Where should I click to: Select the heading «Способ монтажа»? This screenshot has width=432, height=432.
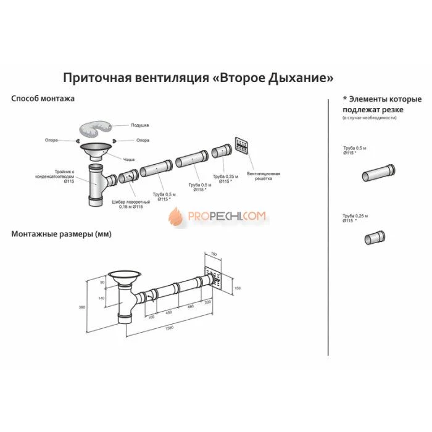pyautogui.click(x=43, y=98)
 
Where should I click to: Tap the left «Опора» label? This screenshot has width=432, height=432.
pyautogui.click(x=51, y=140)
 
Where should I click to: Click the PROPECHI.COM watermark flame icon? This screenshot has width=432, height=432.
pyautogui.click(x=176, y=215)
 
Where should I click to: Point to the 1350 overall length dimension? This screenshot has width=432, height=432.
pyautogui.click(x=170, y=328)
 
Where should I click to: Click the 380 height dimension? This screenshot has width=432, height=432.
pyautogui.click(x=91, y=307)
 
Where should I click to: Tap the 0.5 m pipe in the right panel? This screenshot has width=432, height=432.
pyautogui.click(x=373, y=172)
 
